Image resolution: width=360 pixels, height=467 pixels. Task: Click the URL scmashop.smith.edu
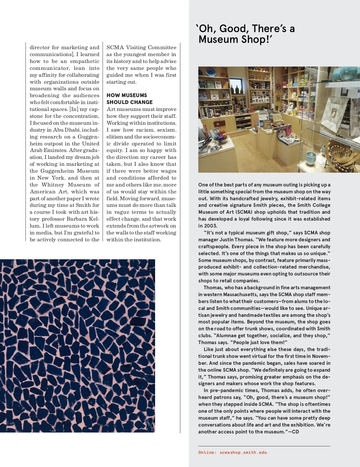(x=243, y=453)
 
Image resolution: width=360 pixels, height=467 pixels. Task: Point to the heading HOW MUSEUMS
(x=127, y=95)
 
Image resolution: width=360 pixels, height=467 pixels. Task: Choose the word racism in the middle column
(x=145, y=130)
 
